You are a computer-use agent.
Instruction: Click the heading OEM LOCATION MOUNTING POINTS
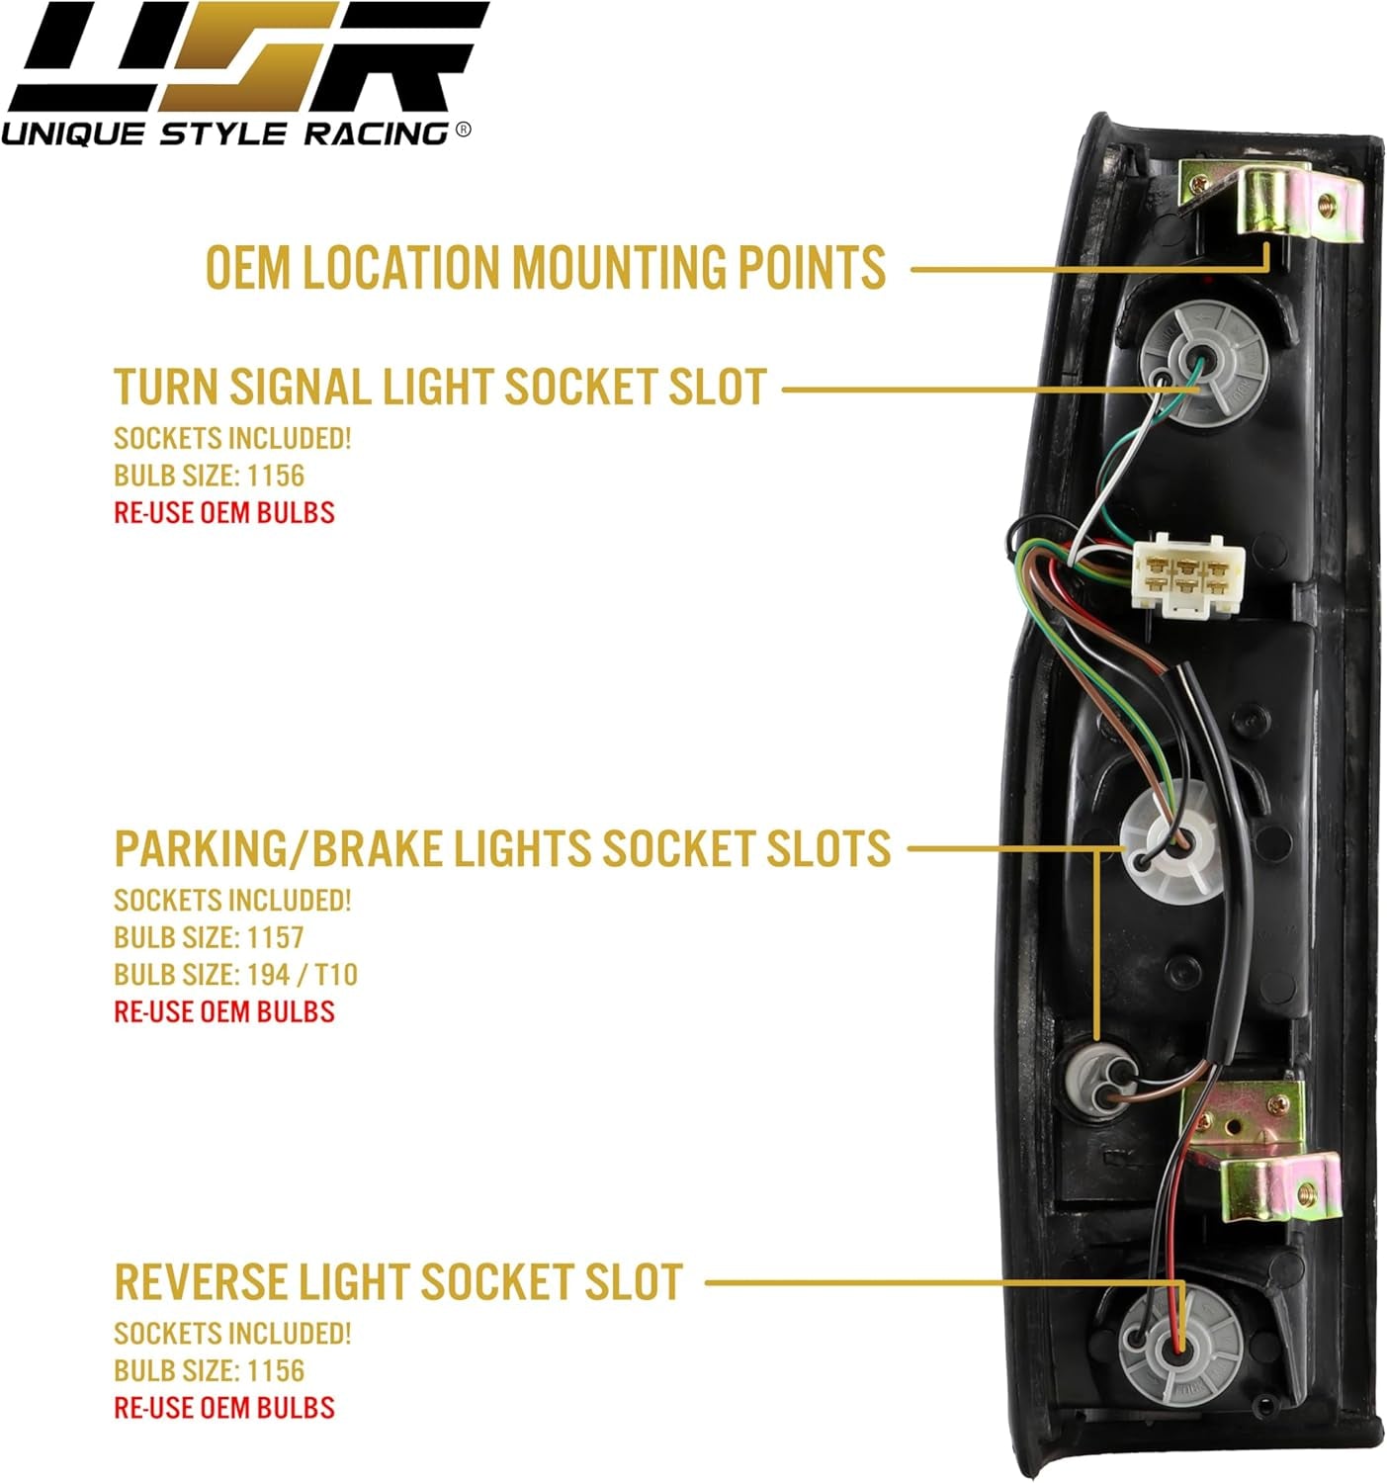tap(545, 268)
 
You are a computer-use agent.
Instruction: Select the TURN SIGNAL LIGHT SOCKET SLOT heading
tap(440, 387)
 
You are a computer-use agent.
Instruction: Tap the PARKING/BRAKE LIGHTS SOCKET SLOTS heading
tap(502, 849)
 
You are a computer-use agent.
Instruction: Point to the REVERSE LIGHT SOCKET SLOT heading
tap(398, 1282)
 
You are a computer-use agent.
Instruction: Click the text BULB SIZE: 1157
tap(209, 937)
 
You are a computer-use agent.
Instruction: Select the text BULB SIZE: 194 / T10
tap(235, 975)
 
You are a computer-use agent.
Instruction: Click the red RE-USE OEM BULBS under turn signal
tap(224, 513)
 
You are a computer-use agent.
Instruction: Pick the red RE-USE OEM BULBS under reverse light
tap(224, 1408)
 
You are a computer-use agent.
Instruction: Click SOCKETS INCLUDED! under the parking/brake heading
tap(232, 901)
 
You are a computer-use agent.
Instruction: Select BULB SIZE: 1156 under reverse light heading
tap(209, 1370)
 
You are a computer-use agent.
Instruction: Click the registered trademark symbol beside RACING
tap(464, 130)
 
